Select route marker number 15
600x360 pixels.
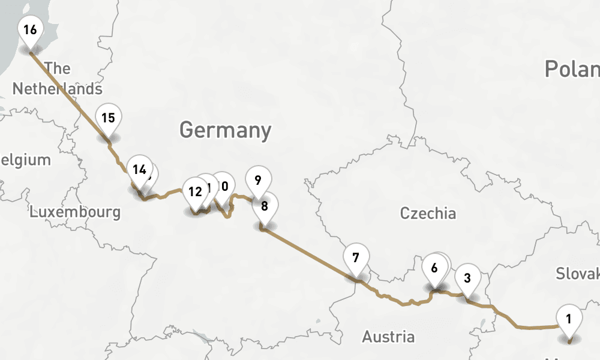[108, 118]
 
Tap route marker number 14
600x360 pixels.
[139, 170]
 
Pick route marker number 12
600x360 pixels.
[194, 193]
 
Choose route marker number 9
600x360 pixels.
[258, 180]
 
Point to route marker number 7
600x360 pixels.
[356, 259]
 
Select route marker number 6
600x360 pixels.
[434, 268]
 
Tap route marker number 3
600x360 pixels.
[467, 278]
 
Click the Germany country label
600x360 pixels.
[225, 130]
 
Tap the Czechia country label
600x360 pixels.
[428, 213]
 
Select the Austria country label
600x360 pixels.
[388, 337]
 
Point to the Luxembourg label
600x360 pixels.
[75, 212]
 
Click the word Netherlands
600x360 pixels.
[58, 89]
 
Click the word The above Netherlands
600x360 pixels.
[58, 68]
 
